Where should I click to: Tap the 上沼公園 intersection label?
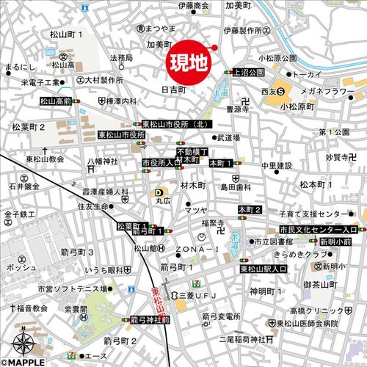pos(247,73)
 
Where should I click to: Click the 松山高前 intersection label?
pos(57,101)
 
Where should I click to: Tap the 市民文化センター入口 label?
pos(313,230)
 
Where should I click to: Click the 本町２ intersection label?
pos(250,211)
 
